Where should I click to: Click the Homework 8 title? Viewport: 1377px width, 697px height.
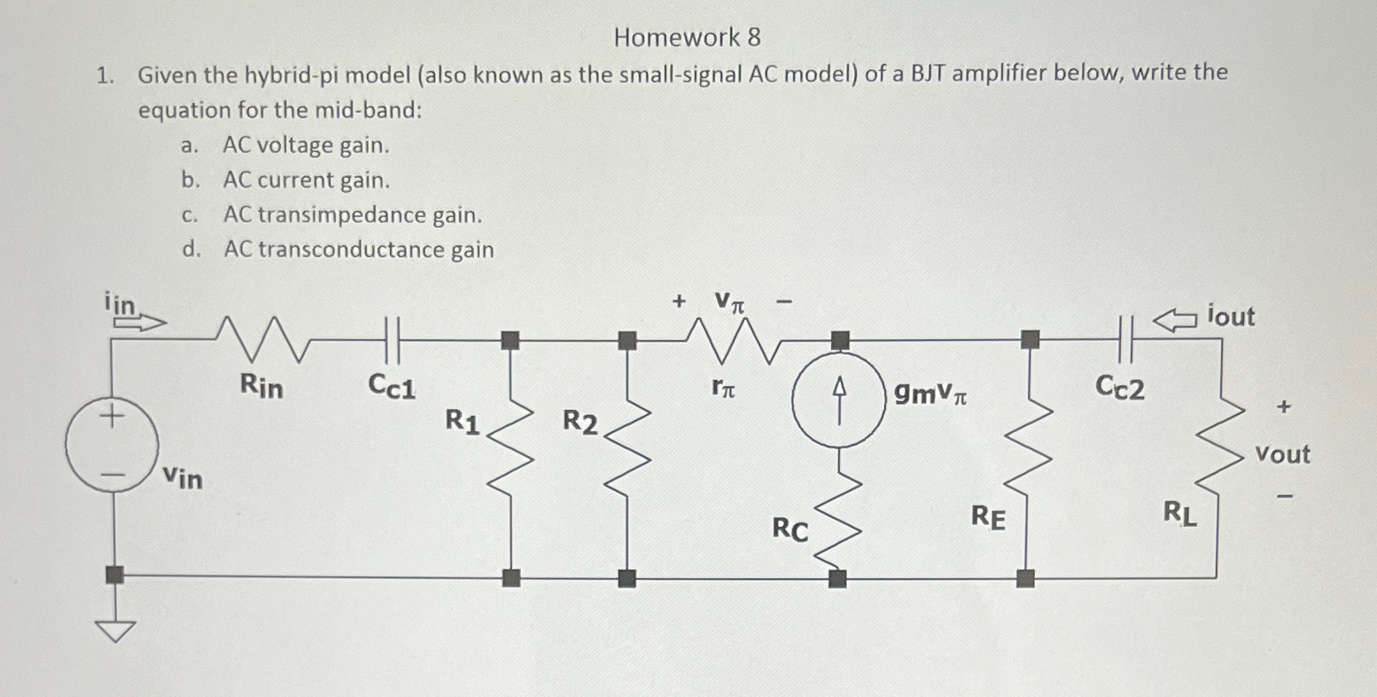pos(687,37)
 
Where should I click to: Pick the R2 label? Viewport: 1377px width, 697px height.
pos(580,423)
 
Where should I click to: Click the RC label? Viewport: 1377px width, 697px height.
pos(790,530)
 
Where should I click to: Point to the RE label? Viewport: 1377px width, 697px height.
pos(989,516)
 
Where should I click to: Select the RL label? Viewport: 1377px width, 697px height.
pos(1181,514)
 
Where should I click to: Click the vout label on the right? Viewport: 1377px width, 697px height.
pos(1282,455)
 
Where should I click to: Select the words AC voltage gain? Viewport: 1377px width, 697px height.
pos(306,145)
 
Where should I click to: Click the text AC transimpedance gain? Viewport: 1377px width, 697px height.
pos(353,215)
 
